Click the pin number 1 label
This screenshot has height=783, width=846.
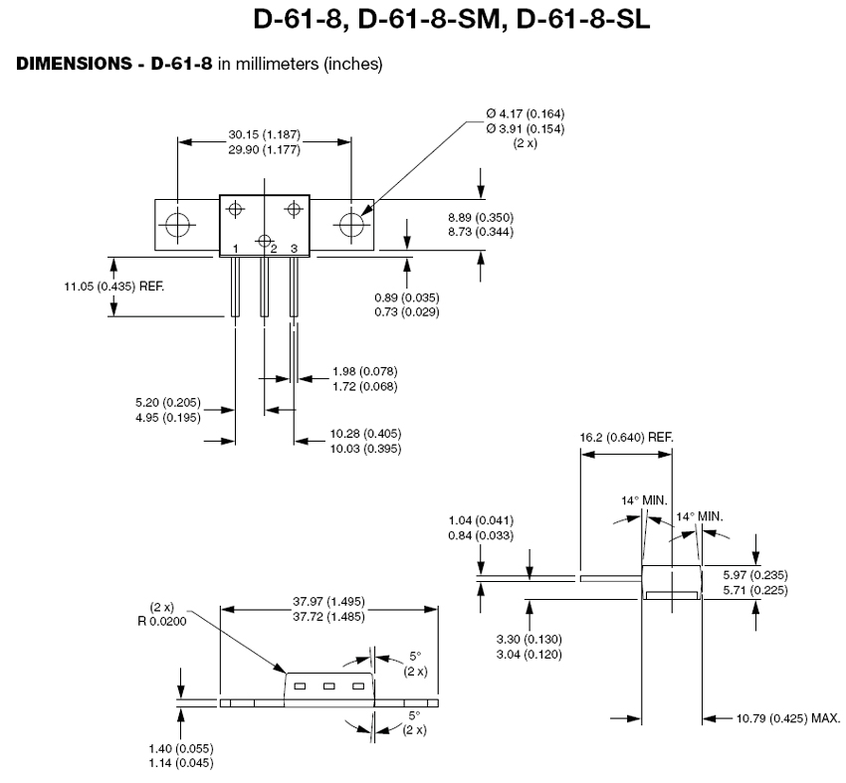point(235,248)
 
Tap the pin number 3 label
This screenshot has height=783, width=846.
point(294,248)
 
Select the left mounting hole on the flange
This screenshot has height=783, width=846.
point(179,225)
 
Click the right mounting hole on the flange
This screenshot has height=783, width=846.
point(351,225)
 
